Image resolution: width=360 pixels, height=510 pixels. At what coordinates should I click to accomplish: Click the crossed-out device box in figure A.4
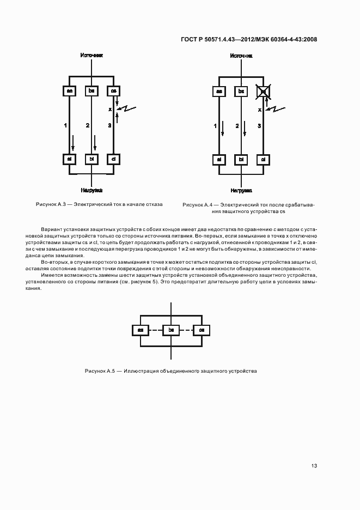click(x=263, y=92)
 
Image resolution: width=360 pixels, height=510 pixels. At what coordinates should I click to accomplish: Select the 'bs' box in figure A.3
click(x=91, y=92)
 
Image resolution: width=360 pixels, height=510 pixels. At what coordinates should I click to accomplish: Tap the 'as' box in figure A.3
click(x=70, y=92)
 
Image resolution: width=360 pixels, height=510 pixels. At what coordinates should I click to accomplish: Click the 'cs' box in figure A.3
click(x=113, y=92)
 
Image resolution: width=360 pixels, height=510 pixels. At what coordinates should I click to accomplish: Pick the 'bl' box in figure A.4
click(x=241, y=160)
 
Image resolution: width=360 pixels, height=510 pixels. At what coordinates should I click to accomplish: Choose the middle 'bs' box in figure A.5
click(x=171, y=330)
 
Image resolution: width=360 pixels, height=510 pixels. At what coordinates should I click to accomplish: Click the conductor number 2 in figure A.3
click(x=87, y=126)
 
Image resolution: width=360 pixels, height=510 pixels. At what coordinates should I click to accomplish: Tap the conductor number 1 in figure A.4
click(x=215, y=126)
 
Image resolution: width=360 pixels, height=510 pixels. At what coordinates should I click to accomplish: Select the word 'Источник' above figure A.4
click(x=241, y=56)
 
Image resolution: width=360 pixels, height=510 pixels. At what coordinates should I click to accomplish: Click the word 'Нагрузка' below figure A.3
click(x=91, y=191)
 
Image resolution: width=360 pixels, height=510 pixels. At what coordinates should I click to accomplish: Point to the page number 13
click(x=314, y=466)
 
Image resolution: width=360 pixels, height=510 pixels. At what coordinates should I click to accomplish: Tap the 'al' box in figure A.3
click(x=70, y=160)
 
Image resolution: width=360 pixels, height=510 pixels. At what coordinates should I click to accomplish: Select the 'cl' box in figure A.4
click(x=263, y=160)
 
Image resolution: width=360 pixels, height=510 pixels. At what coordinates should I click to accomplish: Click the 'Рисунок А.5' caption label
click(x=99, y=371)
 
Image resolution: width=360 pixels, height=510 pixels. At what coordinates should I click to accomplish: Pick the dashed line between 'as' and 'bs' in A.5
click(x=156, y=330)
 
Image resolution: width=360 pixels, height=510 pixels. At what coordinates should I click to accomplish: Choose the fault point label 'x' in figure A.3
click(x=110, y=110)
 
